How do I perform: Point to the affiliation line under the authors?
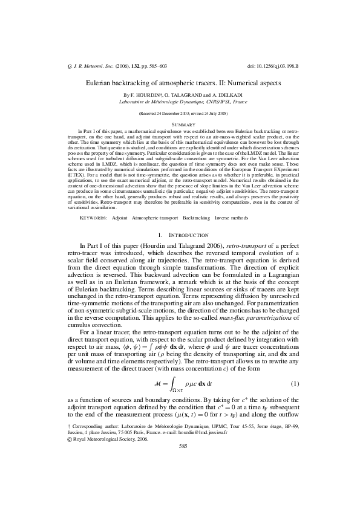180,103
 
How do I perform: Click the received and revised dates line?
180,114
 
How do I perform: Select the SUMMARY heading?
180,123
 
